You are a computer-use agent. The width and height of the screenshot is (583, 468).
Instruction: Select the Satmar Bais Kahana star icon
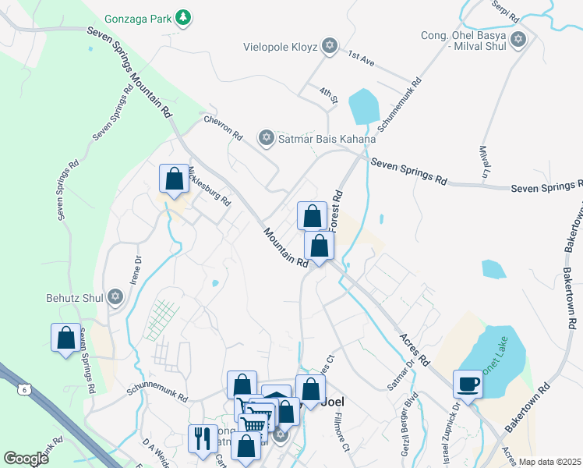[266, 139]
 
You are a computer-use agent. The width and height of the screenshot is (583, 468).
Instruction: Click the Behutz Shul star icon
[115, 296]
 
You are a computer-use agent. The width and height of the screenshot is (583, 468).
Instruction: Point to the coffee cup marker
[468, 385]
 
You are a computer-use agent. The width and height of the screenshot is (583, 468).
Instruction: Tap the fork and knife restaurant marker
[202, 436]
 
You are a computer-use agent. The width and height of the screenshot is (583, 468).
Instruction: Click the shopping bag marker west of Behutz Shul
[66, 337]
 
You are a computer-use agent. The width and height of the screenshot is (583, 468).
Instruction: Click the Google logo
[26, 459]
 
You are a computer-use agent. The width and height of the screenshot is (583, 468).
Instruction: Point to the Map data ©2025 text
[549, 462]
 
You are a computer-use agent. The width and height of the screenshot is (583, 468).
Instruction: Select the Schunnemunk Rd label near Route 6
[161, 395]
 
